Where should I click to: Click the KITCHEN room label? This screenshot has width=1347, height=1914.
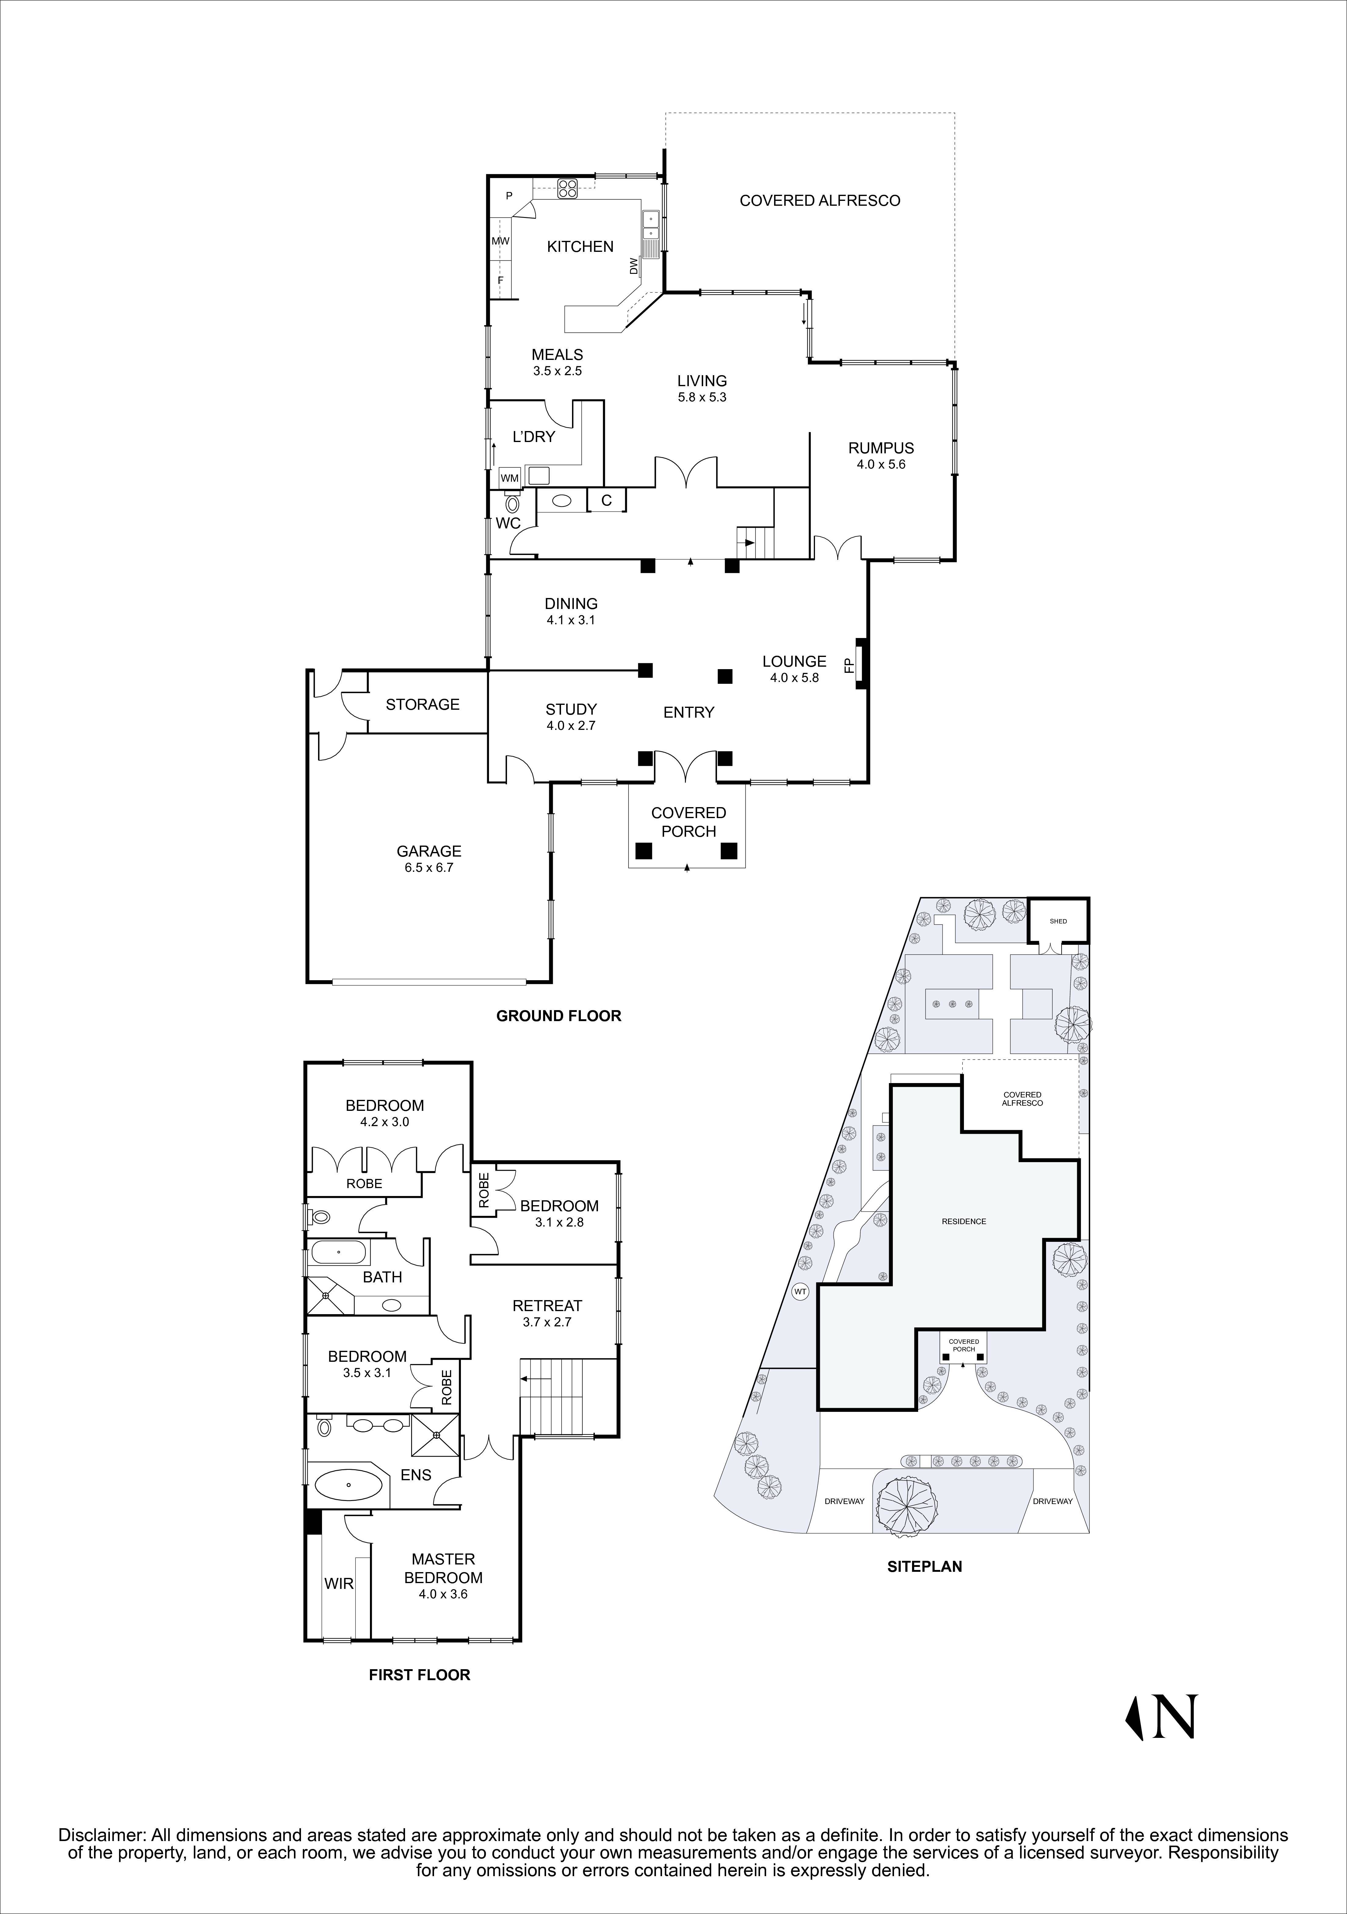pos(580,247)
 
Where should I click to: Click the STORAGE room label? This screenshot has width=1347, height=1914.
pos(423,705)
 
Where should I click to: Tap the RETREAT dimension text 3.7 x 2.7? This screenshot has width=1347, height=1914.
pos(547,1322)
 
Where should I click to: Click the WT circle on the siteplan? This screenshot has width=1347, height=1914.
pos(800,1292)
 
